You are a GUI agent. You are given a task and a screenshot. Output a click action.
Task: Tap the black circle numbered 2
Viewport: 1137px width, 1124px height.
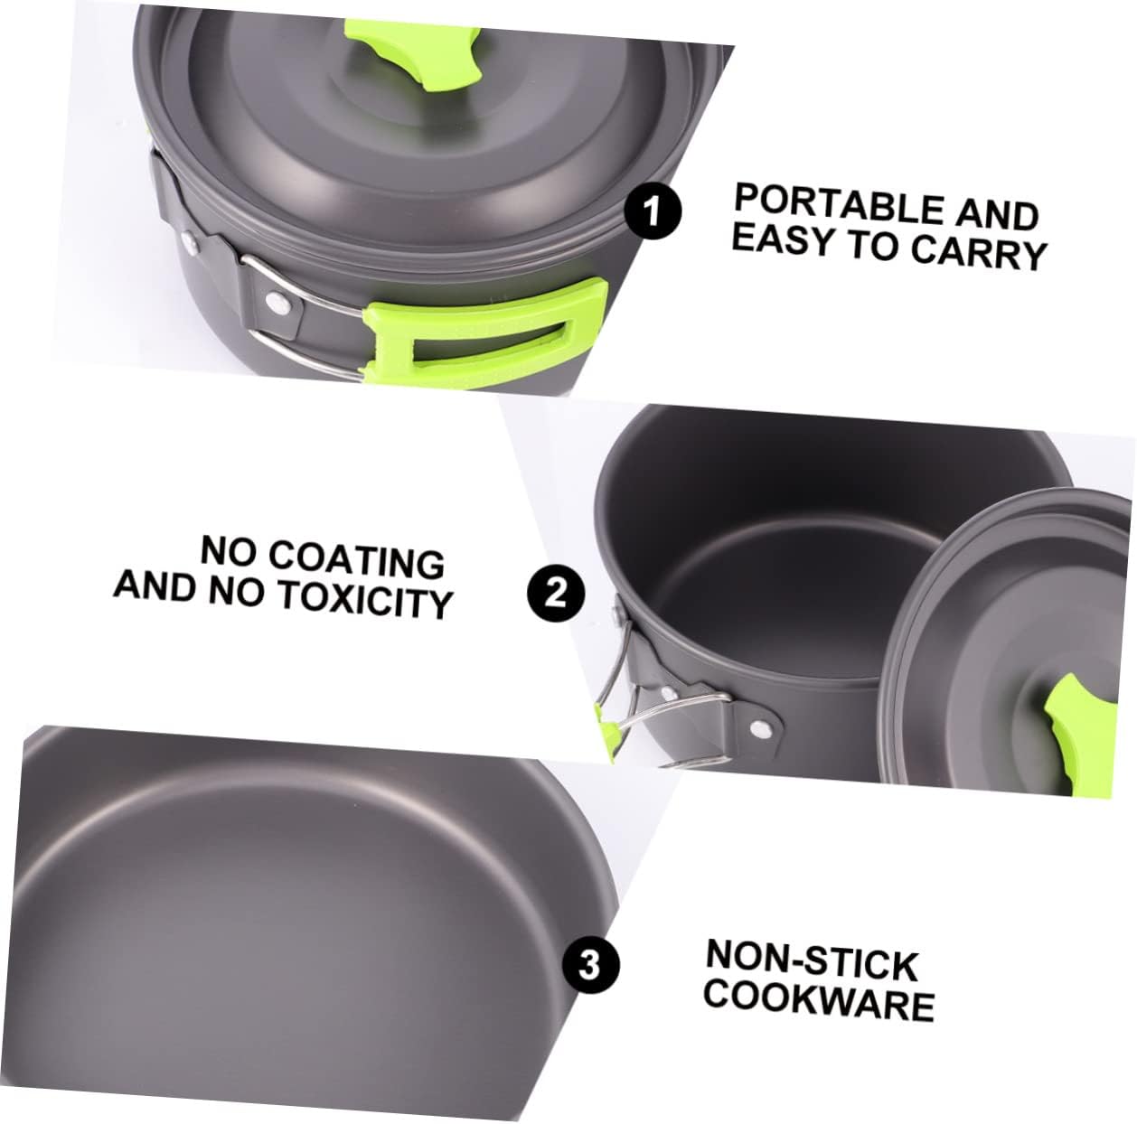(x=557, y=595)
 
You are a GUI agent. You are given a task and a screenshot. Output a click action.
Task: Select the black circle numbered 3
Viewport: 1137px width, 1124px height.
(x=590, y=966)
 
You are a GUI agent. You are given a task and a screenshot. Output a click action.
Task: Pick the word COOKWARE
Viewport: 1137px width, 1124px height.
(x=819, y=1000)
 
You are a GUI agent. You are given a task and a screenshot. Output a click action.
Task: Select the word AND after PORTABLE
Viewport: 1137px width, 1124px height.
(x=996, y=213)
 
